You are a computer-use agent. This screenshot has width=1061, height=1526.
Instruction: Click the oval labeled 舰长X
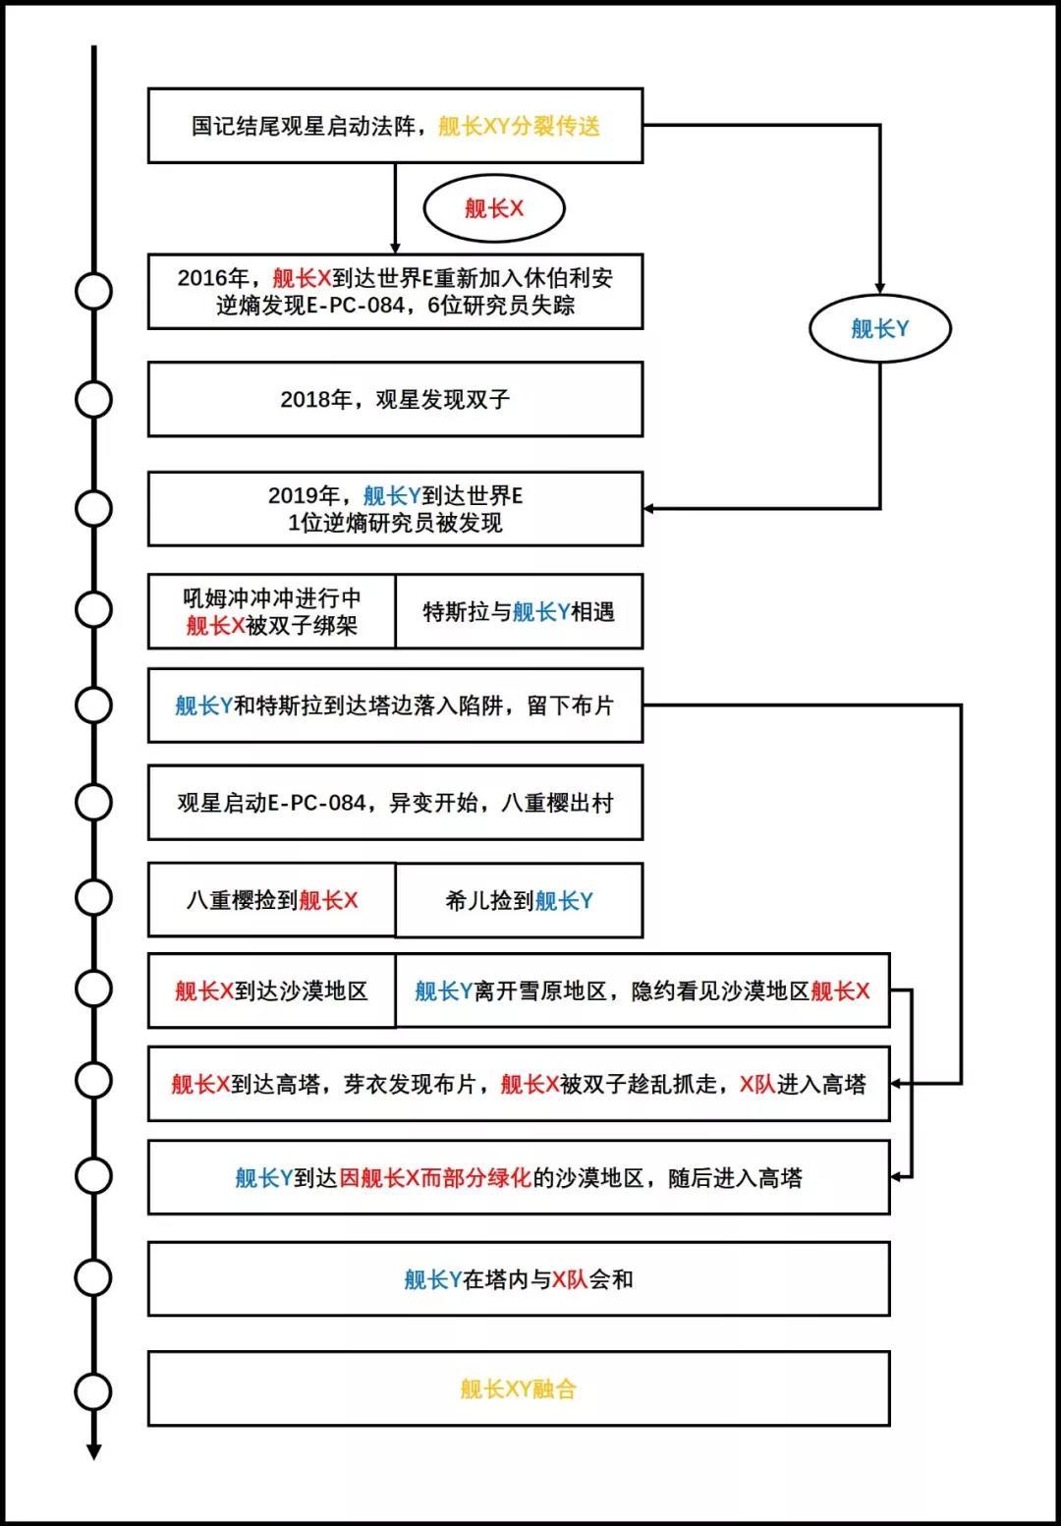click(493, 208)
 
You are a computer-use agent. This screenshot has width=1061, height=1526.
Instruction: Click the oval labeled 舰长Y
click(879, 329)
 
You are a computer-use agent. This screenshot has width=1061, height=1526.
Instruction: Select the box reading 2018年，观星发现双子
click(395, 399)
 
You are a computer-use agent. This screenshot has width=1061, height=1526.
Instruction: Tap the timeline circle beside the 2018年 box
click(94, 399)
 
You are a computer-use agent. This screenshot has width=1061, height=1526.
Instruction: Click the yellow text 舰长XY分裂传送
click(519, 126)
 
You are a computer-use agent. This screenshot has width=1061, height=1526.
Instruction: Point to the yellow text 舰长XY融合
click(519, 1388)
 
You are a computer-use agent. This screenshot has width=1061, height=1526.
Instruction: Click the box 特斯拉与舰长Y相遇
click(519, 611)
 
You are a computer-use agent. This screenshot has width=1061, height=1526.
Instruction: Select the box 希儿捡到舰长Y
click(519, 900)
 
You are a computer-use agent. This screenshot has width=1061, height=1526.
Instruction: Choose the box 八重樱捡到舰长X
click(272, 900)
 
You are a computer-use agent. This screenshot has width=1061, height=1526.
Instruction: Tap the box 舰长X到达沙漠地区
click(272, 990)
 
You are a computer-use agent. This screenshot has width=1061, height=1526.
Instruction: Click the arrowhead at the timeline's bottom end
click(94, 1451)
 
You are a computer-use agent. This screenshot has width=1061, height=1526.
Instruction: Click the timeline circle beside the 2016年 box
click(94, 291)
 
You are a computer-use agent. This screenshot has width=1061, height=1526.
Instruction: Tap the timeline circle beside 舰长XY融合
click(94, 1390)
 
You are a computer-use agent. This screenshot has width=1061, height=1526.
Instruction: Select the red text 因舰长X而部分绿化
click(435, 1177)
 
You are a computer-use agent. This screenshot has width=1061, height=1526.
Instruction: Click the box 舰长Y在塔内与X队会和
click(519, 1278)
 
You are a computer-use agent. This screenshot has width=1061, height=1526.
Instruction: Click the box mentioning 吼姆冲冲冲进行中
click(272, 611)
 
